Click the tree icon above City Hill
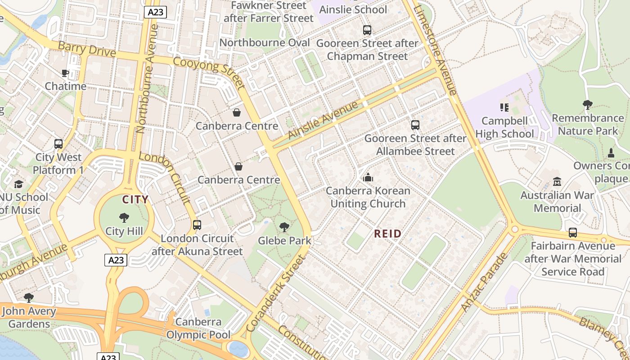(x=124, y=218)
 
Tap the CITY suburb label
(x=135, y=199)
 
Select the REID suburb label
(x=388, y=234)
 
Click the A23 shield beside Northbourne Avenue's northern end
(x=156, y=12)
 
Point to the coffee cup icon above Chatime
(x=65, y=73)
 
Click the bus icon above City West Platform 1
(x=58, y=144)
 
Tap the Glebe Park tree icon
(x=284, y=227)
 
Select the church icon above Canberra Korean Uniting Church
(x=368, y=177)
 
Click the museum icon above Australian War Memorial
(x=557, y=182)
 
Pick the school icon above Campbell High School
(x=504, y=108)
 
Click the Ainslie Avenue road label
(x=323, y=120)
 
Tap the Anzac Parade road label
(x=484, y=283)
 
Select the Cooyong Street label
(x=209, y=72)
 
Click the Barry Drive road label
(x=87, y=49)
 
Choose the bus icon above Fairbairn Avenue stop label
(x=572, y=233)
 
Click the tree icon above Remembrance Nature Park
(x=587, y=105)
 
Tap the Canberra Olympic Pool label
(x=198, y=328)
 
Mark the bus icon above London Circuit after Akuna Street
(x=197, y=225)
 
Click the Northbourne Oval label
(x=265, y=43)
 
